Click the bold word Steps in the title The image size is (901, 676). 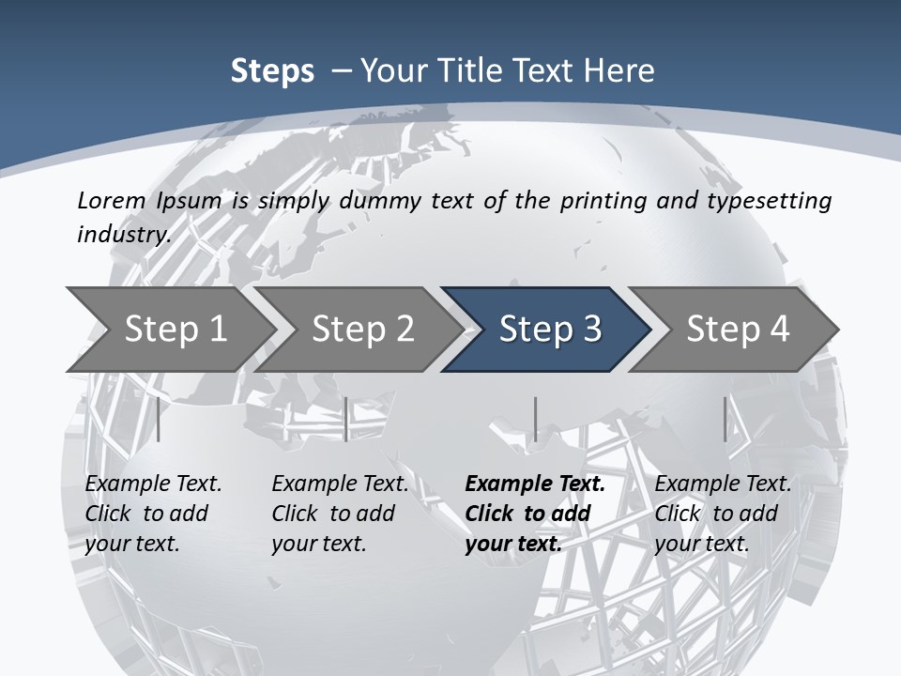[272, 71]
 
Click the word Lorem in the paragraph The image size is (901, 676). [112, 201]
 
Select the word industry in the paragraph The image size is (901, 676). [122, 235]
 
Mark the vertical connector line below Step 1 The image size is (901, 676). [158, 419]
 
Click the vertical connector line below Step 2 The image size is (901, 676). [346, 419]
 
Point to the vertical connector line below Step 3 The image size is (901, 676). [535, 419]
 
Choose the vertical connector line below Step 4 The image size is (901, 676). [725, 419]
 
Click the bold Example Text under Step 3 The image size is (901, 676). [535, 484]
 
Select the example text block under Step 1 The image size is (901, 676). [153, 514]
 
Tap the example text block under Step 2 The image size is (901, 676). [340, 514]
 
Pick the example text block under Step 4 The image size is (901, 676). [723, 514]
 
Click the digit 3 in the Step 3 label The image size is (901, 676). [590, 330]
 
